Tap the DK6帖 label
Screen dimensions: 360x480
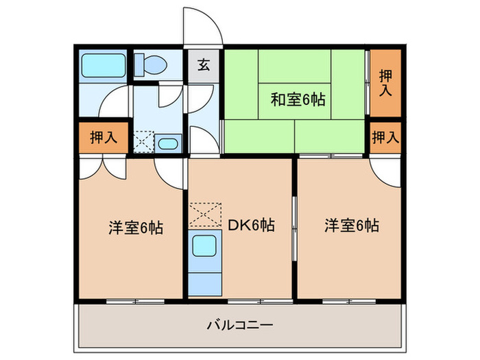point(252,226)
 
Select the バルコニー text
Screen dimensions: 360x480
point(240,324)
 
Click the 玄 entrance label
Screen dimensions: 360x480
point(204,66)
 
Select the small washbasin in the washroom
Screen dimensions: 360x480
point(167,143)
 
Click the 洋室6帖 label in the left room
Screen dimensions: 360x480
point(136,227)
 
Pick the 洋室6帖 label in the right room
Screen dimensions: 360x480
point(352,224)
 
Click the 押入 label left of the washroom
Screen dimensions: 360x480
point(104,136)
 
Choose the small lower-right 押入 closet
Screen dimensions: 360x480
point(385,136)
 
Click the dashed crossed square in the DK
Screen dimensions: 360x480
point(206,215)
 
